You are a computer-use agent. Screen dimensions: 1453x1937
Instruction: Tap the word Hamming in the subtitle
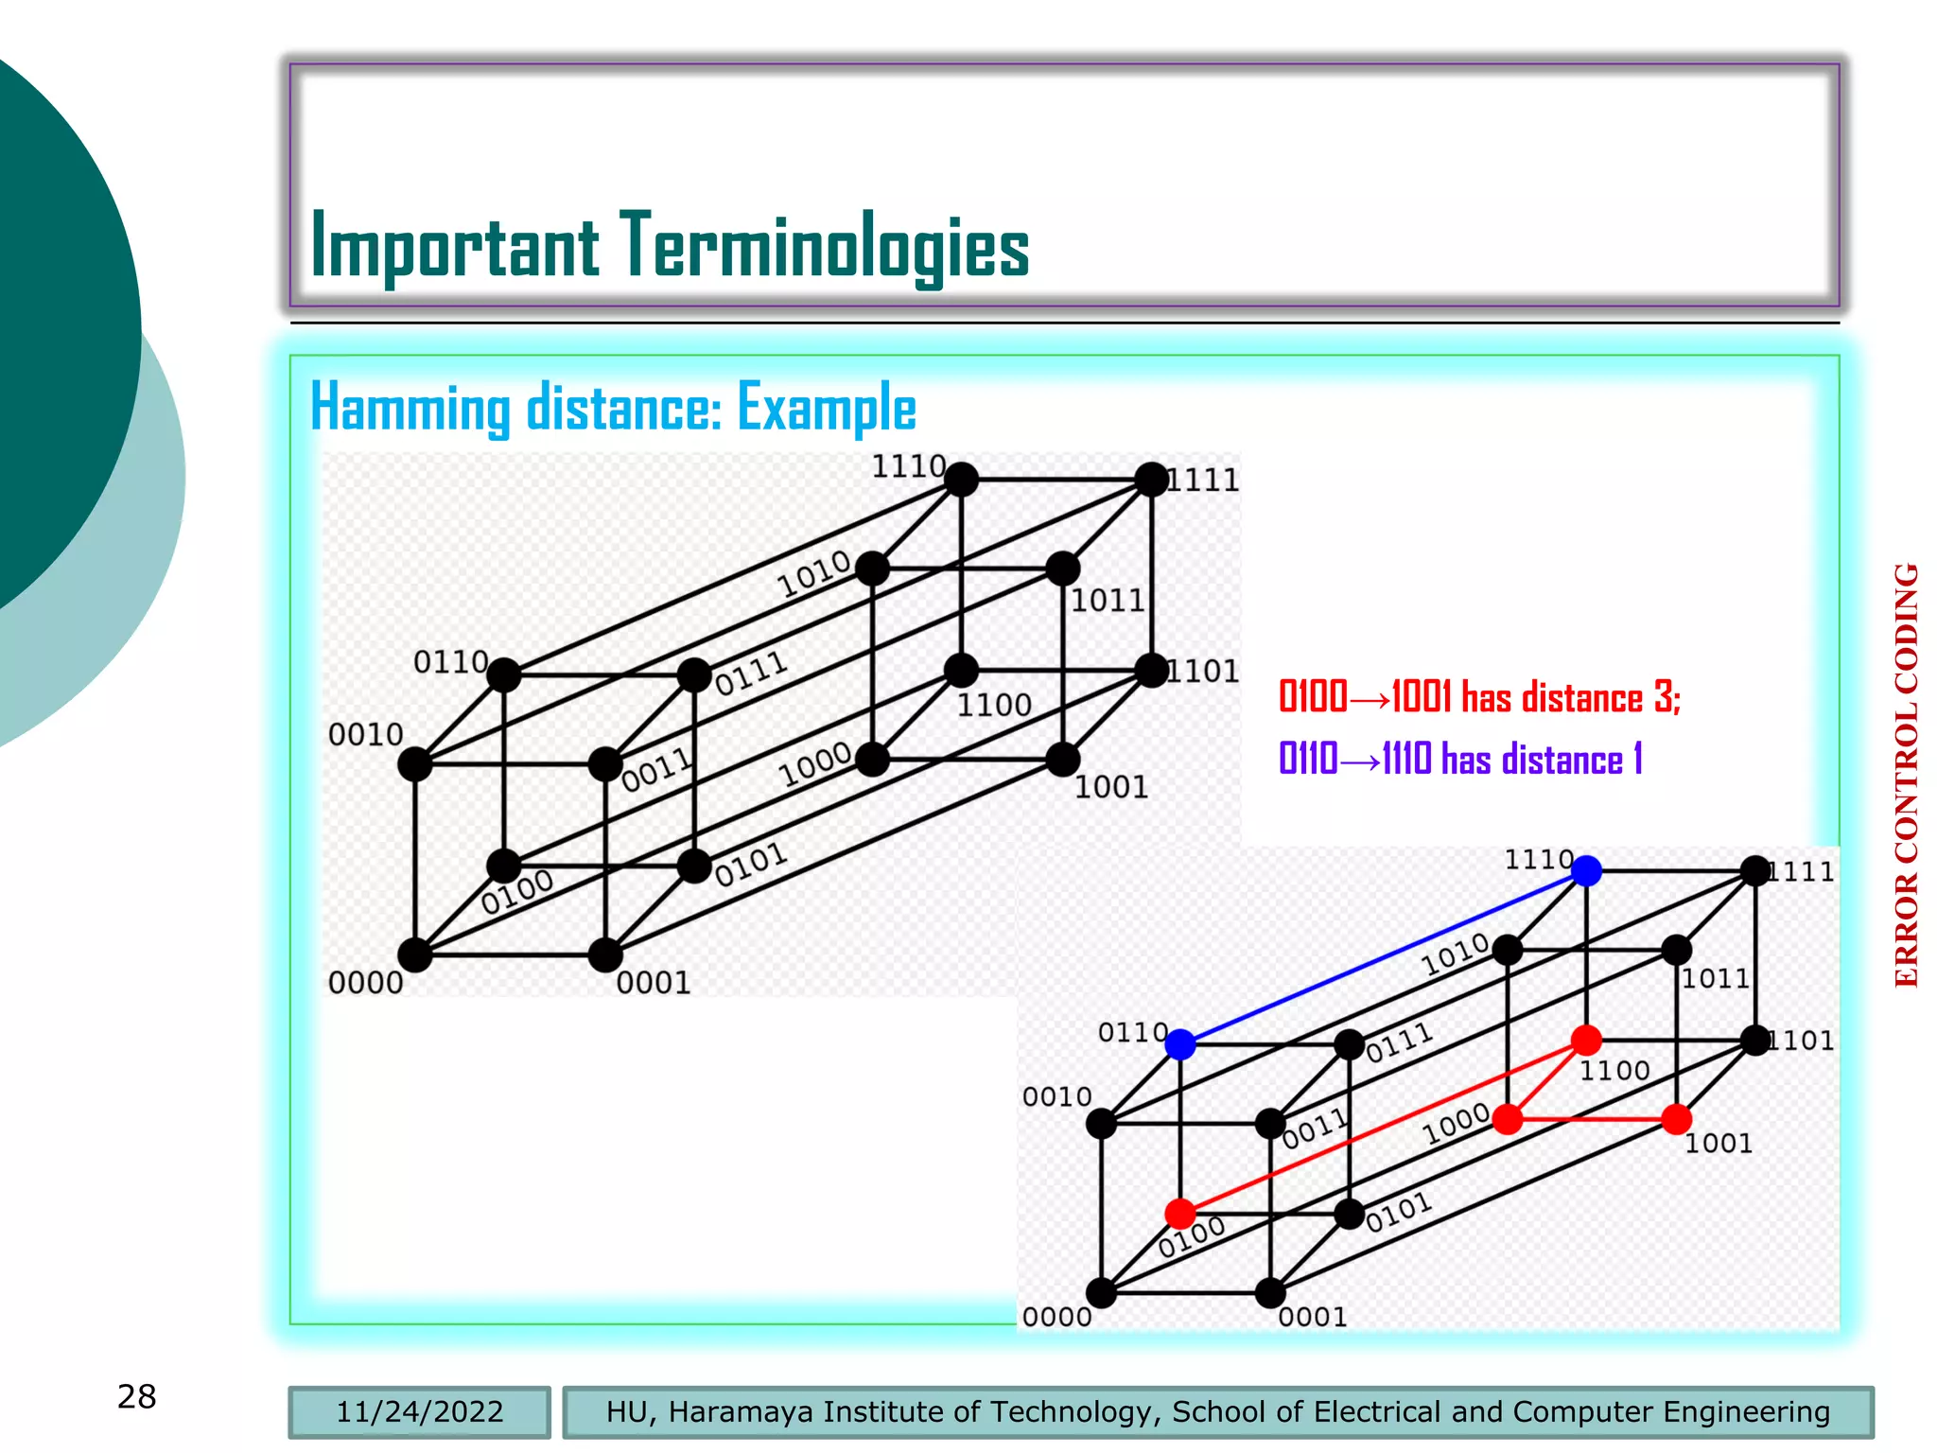tap(410, 408)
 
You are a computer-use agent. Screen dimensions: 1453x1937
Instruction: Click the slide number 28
tap(136, 1396)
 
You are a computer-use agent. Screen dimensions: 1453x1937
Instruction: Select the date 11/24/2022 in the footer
tap(419, 1411)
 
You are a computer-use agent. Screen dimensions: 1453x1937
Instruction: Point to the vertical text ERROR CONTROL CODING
tap(1907, 776)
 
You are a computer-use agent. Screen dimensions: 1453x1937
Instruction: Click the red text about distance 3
tap(1478, 697)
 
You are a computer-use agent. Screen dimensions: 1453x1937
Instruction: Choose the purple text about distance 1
tap(1459, 759)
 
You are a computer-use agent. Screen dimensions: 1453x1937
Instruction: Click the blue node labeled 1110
tap(1586, 870)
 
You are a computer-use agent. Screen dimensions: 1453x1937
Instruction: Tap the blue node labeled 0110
tap(1180, 1044)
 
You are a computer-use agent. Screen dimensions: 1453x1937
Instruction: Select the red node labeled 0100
tap(1180, 1213)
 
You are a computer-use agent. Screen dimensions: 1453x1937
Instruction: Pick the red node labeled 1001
tap(1676, 1120)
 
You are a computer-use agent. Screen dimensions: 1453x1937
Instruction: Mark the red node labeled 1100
tap(1586, 1041)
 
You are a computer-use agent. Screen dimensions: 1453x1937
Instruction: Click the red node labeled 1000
tap(1508, 1120)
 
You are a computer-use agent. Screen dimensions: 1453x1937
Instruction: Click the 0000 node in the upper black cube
tap(415, 954)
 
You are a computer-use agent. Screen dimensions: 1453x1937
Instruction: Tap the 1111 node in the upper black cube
tap(1151, 480)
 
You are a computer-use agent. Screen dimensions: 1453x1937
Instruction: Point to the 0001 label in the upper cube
tap(654, 984)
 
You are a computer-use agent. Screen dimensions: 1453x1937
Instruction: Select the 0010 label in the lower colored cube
tap(1056, 1097)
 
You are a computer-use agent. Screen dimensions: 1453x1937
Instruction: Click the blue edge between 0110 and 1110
tap(1383, 957)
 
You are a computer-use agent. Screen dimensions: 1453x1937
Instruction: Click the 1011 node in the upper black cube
tap(1063, 569)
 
